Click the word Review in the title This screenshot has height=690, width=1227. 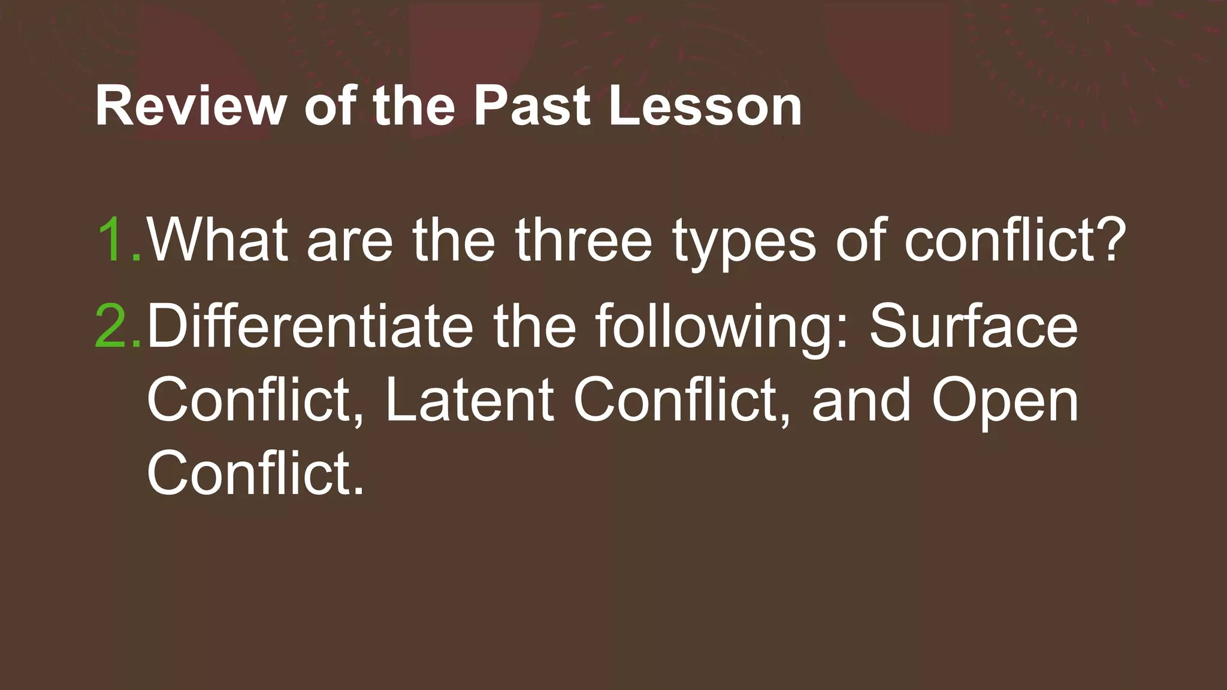click(191, 107)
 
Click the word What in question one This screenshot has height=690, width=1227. click(217, 240)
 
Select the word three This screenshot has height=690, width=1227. click(584, 240)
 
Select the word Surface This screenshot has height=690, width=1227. click(973, 326)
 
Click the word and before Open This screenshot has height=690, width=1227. click(861, 400)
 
